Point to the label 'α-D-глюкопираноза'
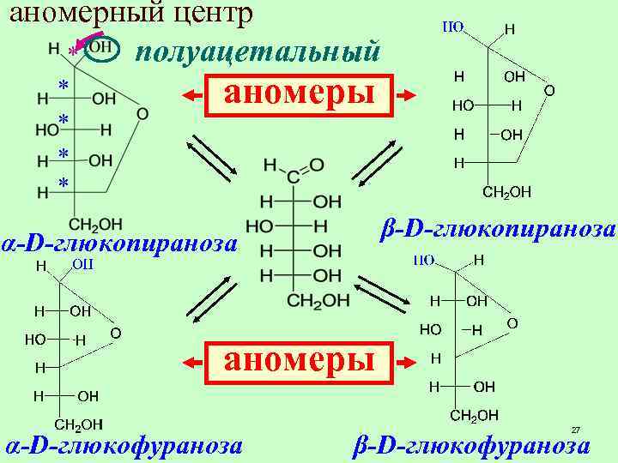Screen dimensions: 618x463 (119, 244)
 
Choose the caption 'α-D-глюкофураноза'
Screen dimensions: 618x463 (123, 446)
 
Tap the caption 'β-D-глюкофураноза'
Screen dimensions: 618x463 (473, 446)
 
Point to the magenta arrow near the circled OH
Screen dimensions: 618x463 (86, 39)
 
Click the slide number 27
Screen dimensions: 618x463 (576, 430)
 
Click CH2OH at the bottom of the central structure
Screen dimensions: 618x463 (318, 300)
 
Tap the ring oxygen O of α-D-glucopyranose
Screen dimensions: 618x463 (142, 113)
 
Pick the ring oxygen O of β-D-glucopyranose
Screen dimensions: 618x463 (548, 88)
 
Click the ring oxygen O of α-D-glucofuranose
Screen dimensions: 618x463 (115, 332)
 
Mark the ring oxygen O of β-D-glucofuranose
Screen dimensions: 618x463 (512, 322)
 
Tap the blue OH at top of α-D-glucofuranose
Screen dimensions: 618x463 (82, 264)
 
